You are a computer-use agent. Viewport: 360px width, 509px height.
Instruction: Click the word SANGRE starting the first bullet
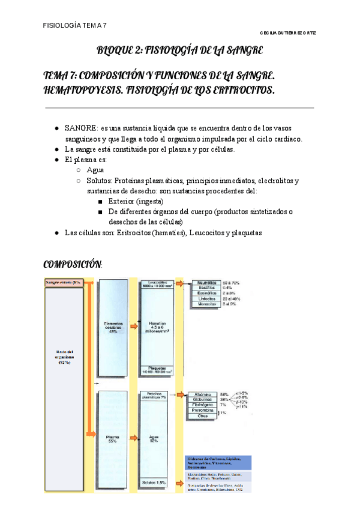81,128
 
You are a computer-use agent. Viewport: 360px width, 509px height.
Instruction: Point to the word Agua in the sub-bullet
95,170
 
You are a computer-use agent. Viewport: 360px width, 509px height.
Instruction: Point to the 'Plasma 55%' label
112,440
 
